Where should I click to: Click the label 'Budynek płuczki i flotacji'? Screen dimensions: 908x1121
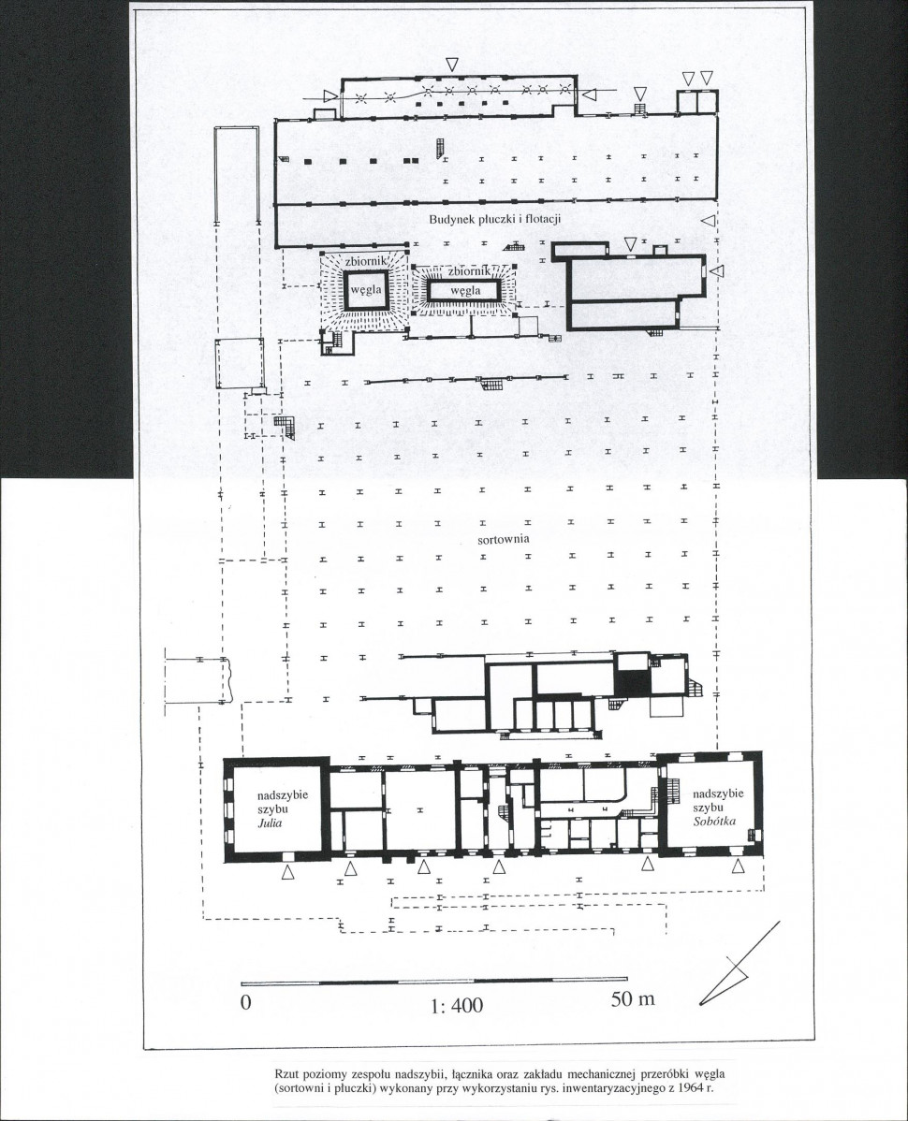(x=495, y=220)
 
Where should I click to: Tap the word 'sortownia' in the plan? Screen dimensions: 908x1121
(x=504, y=538)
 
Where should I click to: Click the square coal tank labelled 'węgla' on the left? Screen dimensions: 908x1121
(x=366, y=289)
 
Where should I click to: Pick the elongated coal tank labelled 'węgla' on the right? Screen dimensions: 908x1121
(x=464, y=289)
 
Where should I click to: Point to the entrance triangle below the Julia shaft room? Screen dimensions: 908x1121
(x=287, y=871)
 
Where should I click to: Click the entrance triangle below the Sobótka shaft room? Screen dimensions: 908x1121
(x=740, y=866)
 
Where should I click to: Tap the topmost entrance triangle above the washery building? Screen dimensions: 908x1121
(x=452, y=64)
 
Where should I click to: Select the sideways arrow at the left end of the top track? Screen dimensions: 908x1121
(x=330, y=95)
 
